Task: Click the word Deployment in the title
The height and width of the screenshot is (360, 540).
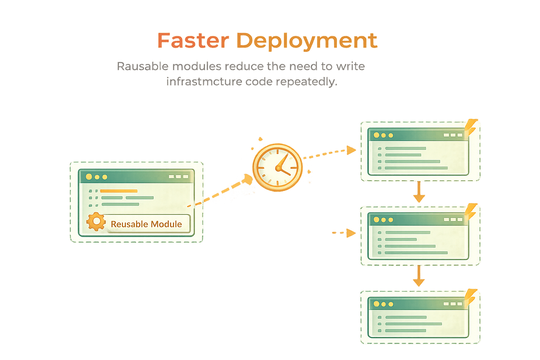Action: click(307, 41)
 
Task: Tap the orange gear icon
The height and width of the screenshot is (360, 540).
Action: click(96, 222)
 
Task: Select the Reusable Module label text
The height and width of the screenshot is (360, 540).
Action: click(146, 224)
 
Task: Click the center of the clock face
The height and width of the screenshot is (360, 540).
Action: click(278, 168)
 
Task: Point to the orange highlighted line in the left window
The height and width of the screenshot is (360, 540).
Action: click(118, 191)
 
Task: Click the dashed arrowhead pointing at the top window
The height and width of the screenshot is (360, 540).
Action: click(351, 150)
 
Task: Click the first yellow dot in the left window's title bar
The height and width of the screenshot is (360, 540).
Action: click(89, 176)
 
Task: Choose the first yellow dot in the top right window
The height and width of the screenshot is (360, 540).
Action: click(377, 135)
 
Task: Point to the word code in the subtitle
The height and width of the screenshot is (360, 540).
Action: click(259, 82)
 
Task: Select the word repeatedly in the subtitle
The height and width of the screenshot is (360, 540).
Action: click(306, 82)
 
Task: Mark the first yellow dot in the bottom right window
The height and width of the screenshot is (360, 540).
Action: click(377, 304)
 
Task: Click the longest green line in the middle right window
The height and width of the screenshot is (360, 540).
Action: click(416, 252)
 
